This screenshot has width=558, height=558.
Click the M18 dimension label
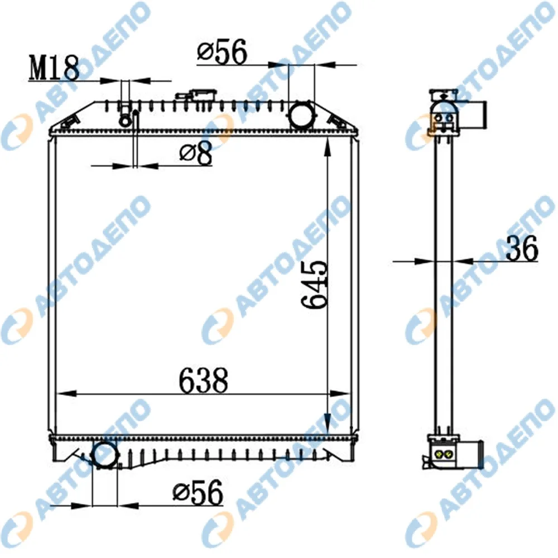(x=54, y=68)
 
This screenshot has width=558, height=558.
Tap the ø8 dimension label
(x=196, y=153)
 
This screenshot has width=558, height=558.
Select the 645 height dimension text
(x=314, y=285)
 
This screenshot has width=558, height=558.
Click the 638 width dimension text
(x=203, y=380)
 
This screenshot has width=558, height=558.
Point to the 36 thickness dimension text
(x=522, y=248)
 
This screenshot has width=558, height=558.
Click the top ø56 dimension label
(x=222, y=52)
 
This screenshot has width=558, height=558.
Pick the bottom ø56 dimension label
(x=198, y=493)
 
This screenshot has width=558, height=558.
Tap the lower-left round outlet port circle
(x=105, y=454)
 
